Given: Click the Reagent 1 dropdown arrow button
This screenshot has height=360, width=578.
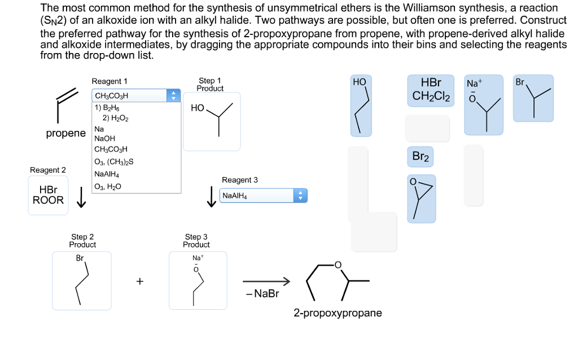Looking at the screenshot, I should (174, 95).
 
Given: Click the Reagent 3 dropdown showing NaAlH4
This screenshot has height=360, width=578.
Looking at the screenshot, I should (263, 196).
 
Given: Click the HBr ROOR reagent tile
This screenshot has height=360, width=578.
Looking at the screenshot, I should (48, 195).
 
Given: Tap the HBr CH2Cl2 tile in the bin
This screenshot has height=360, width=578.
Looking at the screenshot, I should (432, 90).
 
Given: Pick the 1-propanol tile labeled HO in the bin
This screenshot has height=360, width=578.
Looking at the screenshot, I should (361, 106).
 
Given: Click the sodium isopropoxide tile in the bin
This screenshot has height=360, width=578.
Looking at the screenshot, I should (484, 106).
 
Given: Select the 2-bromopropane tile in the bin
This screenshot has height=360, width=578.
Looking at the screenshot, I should (533, 98).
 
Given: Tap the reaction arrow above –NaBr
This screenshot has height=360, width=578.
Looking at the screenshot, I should (266, 281).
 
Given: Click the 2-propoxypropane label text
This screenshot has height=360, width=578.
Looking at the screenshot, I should (338, 313).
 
